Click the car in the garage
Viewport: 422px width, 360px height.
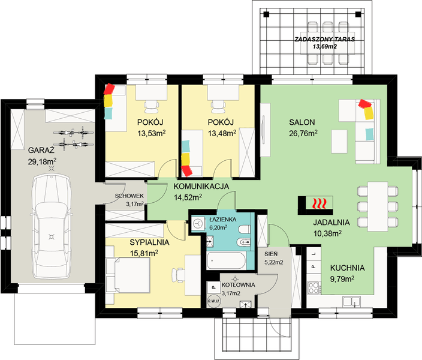[x=52, y=226]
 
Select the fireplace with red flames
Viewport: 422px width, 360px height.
[x=315, y=205]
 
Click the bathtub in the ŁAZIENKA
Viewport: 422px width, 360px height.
[x=226, y=260]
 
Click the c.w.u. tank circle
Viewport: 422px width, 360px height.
[x=214, y=301]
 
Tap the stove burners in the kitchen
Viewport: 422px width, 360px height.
[x=314, y=287]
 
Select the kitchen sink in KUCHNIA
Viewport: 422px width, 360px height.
[x=351, y=302]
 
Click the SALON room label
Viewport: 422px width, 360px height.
[x=302, y=122]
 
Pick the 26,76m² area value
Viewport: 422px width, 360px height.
[x=303, y=133]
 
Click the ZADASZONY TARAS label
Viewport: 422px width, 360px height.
[x=324, y=40]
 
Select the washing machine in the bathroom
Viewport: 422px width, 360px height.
[x=198, y=224]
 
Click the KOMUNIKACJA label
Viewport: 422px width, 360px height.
[x=201, y=186]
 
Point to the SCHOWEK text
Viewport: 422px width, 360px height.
[x=129, y=196]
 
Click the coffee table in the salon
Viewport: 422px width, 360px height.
[x=339, y=142]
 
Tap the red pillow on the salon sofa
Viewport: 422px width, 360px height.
[x=366, y=103]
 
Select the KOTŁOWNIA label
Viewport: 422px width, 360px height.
[x=238, y=285]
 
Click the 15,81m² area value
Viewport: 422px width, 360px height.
[x=144, y=253]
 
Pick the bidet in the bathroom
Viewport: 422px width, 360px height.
[x=245, y=242]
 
